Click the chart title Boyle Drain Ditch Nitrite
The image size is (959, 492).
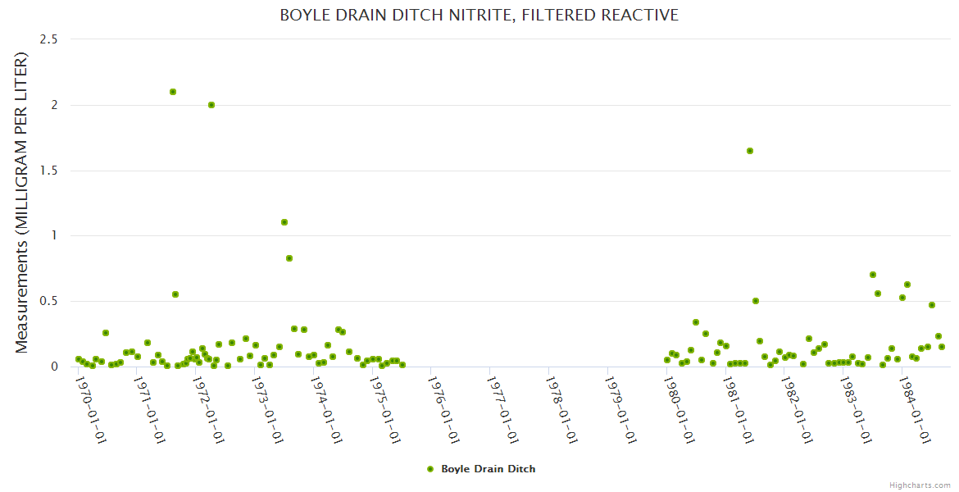[479, 15]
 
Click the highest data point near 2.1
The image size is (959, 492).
[173, 92]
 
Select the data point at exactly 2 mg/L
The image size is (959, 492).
[211, 105]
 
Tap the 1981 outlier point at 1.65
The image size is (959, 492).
[750, 151]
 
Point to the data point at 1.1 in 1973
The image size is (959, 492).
[284, 222]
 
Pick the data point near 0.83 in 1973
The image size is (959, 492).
[289, 258]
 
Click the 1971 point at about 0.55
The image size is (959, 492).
[175, 294]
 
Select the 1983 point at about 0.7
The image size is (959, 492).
[873, 275]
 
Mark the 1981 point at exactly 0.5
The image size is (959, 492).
[756, 301]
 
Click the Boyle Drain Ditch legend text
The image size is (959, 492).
[489, 469]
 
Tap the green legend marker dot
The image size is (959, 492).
[430, 469]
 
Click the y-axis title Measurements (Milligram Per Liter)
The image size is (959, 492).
[22, 203]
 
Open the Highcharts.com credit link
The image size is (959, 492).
[920, 485]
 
